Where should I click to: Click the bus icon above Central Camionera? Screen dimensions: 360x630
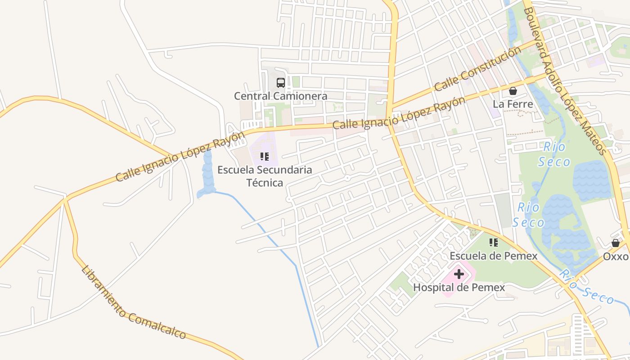point(280,83)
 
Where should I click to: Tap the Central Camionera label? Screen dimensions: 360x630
point(280,96)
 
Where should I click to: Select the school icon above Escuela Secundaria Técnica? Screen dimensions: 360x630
point(265,157)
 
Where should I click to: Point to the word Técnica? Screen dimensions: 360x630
point(265,183)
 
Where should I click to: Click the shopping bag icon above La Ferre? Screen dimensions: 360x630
point(513,91)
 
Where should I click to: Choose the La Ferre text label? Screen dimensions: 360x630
point(513,104)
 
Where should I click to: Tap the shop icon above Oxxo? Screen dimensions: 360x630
point(615,243)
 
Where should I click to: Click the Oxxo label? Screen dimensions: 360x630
point(615,256)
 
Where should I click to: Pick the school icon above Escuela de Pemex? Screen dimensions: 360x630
point(494,243)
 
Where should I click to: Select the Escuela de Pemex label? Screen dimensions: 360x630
point(494,256)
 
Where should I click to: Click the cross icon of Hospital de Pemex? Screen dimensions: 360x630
point(459,274)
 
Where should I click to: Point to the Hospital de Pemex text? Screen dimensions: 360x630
point(459,287)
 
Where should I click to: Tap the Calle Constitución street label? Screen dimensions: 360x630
point(477,68)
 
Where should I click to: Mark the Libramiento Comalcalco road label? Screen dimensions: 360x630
point(134,303)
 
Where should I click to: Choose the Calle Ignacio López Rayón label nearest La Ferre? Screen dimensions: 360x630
point(399,113)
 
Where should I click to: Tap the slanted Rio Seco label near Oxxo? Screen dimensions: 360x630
point(587,287)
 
